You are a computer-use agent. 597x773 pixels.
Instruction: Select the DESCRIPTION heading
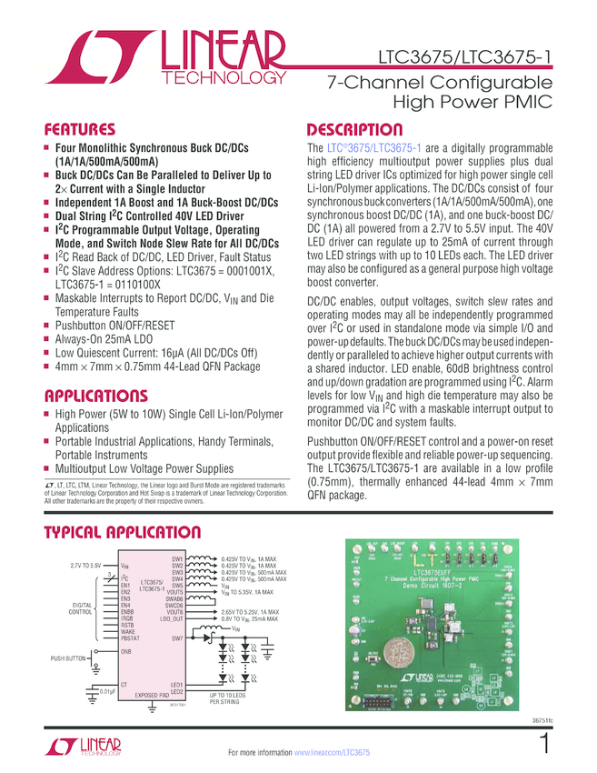pyautogui.click(x=354, y=129)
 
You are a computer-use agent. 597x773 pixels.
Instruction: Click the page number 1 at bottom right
pyautogui.click(x=544, y=744)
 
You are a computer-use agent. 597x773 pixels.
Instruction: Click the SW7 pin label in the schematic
pyautogui.click(x=177, y=638)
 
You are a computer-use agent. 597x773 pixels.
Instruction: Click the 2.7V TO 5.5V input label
pyautogui.click(x=85, y=565)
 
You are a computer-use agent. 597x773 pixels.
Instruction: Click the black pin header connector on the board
pyautogui.click(x=383, y=705)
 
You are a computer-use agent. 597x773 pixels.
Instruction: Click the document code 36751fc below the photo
pyautogui.click(x=542, y=721)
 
